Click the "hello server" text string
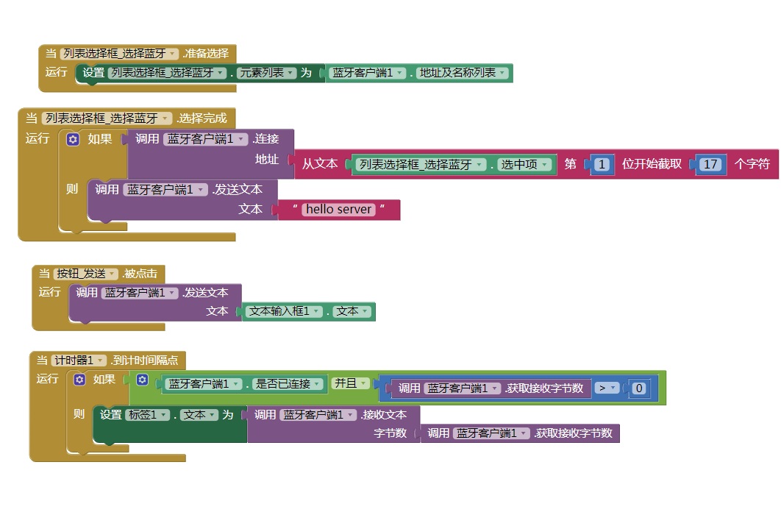pos(339,210)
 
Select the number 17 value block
pos(710,164)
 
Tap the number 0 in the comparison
pos(639,388)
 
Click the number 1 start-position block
pos(602,164)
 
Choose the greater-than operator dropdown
pos(606,388)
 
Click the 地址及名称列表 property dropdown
pos(463,73)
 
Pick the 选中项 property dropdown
pos(524,164)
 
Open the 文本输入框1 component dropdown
pos(283,311)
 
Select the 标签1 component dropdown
pos(143,415)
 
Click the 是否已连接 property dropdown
pos(286,383)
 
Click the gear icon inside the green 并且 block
pos(143,380)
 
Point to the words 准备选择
pos(206,53)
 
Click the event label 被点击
pos(140,274)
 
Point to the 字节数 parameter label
pos(390,433)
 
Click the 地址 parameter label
pos(267,160)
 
